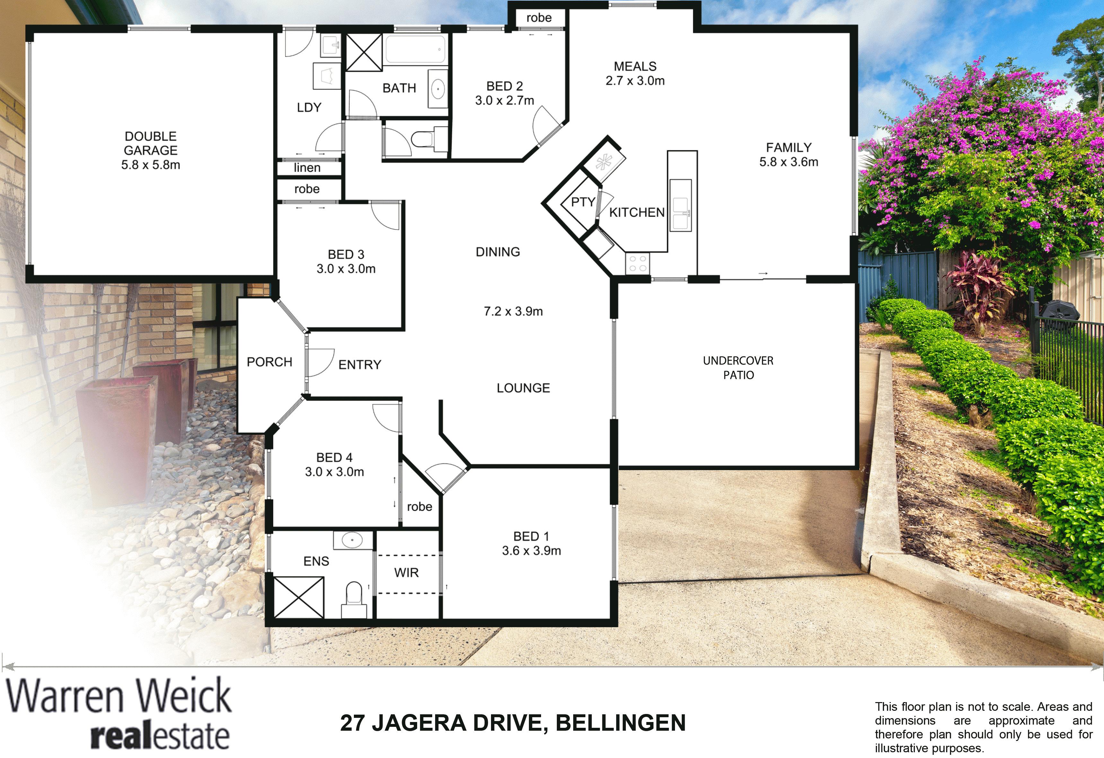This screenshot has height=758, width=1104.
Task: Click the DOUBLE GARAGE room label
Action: [151, 143]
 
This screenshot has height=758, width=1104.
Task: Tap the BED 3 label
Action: [346, 254]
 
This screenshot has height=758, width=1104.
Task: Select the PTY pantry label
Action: [583, 202]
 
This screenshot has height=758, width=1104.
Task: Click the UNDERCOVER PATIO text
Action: [738, 367]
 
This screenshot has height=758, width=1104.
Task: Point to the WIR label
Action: [407, 573]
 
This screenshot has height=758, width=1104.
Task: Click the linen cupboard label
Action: [307, 167]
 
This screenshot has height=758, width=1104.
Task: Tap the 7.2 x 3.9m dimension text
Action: [513, 311]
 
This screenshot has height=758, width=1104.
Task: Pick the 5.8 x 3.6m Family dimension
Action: [789, 162]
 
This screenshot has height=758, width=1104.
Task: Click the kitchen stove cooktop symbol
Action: [637, 264]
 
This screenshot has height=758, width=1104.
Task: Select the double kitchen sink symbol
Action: [680, 205]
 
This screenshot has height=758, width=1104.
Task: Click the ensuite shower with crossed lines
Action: [299, 597]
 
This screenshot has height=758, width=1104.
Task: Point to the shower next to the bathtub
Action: [364, 52]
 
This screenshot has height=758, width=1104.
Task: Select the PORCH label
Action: [269, 362]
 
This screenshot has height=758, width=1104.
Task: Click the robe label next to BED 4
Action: [419, 507]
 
